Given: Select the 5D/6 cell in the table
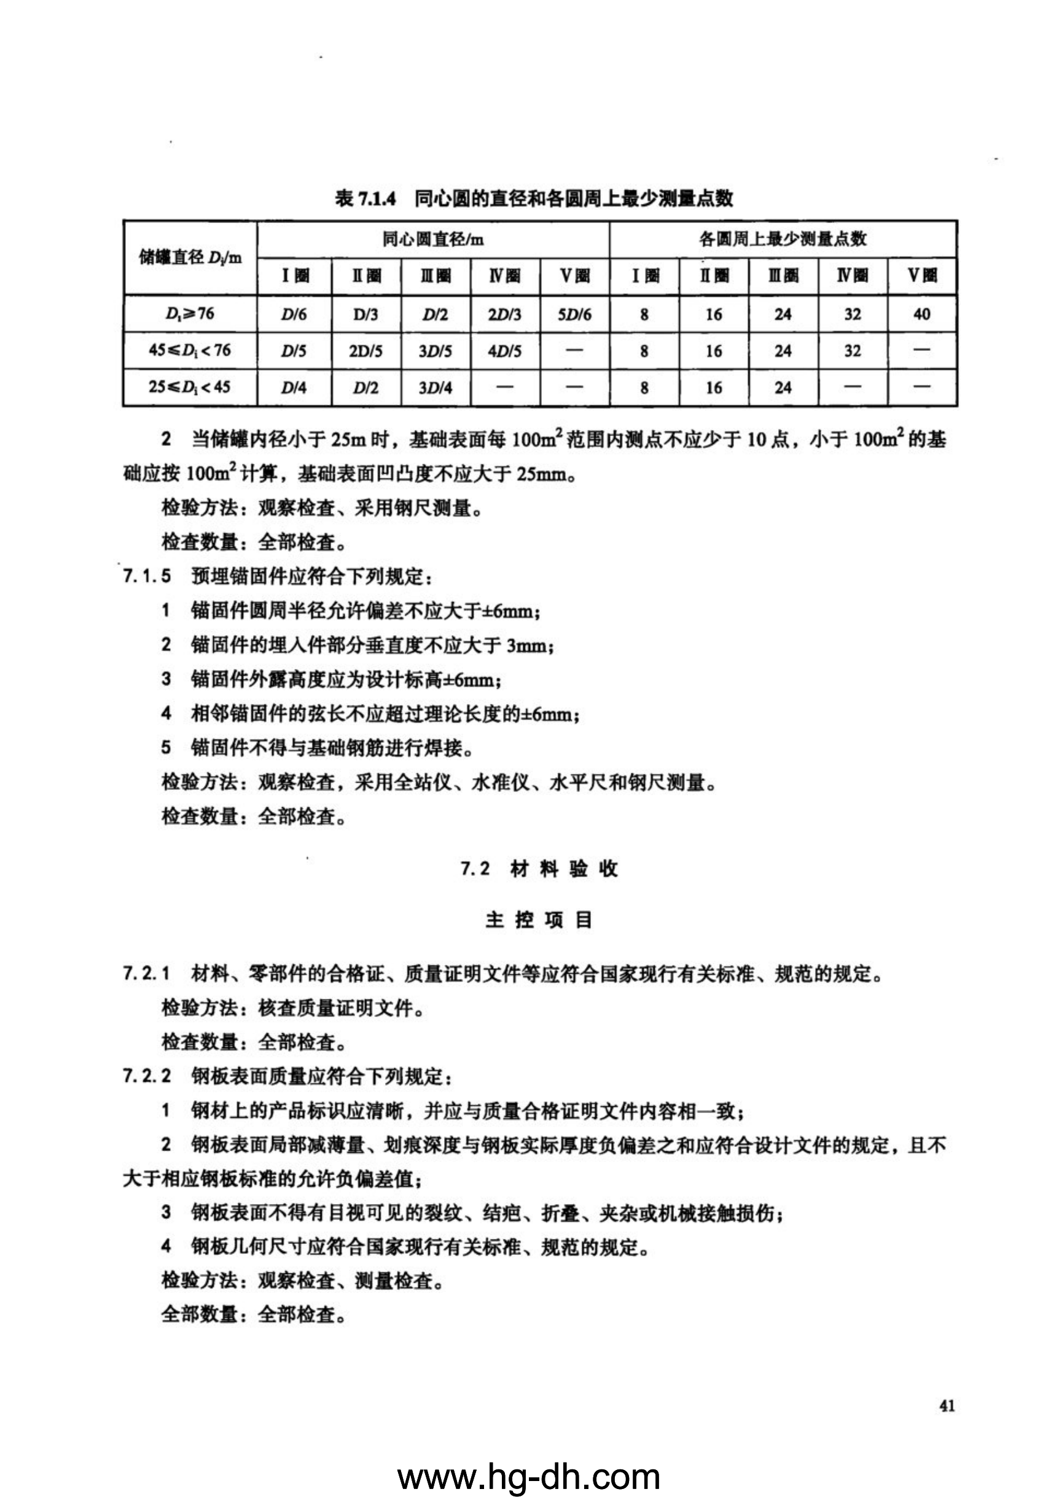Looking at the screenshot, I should [x=574, y=315].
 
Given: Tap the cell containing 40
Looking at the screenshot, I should [x=921, y=315].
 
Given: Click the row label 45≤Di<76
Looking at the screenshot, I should [x=190, y=350].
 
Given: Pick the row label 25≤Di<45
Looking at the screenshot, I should [x=190, y=386].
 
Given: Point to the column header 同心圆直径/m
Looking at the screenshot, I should [x=433, y=240].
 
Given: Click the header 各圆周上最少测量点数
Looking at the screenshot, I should [x=783, y=240].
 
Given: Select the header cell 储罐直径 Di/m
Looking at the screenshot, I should [x=190, y=257].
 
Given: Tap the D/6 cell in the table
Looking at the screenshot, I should [x=294, y=315].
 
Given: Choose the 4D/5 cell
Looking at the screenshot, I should [x=505, y=351].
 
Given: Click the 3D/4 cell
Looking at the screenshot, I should [x=435, y=387].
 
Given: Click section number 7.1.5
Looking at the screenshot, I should [x=147, y=576].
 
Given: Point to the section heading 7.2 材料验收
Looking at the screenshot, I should [x=539, y=869].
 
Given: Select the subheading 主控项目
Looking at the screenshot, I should [x=539, y=920].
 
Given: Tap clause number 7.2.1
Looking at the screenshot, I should [x=147, y=974].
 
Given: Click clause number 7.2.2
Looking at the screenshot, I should [x=147, y=1076].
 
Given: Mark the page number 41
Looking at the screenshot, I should [x=947, y=1405].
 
